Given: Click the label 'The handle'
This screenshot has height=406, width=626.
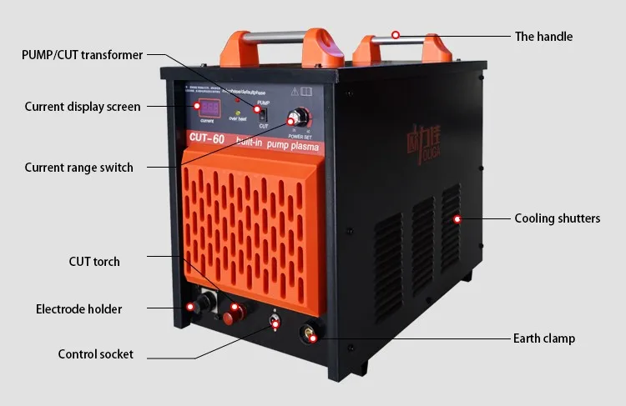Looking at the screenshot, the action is pyautogui.click(x=543, y=37).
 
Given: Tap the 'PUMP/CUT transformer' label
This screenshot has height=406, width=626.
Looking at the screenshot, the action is pyautogui.click(x=82, y=55).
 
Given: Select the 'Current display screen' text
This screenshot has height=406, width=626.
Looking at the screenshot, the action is pyautogui.click(x=83, y=107).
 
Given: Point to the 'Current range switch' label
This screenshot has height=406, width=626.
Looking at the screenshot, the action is pyautogui.click(x=78, y=168).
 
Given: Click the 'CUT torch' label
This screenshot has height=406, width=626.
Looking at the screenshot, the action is pyautogui.click(x=94, y=262).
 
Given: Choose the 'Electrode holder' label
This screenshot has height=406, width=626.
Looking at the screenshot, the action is pyautogui.click(x=78, y=309).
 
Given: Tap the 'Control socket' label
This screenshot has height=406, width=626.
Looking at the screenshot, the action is pyautogui.click(x=95, y=354).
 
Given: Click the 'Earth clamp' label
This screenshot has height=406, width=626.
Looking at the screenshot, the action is pyautogui.click(x=544, y=338).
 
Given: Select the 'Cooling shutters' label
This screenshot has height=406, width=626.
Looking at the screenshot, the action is pyautogui.click(x=557, y=218).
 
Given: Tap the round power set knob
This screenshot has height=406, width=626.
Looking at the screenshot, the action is pyautogui.click(x=295, y=117).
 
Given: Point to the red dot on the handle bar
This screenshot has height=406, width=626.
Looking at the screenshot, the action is pyautogui.click(x=396, y=36).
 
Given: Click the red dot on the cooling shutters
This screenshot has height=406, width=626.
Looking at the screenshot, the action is pyautogui.click(x=457, y=219).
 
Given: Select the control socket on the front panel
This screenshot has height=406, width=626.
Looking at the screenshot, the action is pyautogui.click(x=274, y=322).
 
